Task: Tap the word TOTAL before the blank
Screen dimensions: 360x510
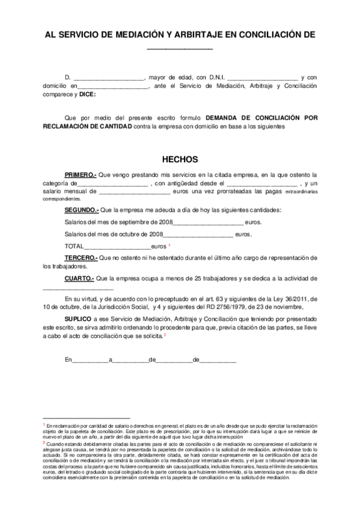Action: pyautogui.click(x=73, y=247)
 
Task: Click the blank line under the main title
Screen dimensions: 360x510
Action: pyautogui.click(x=180, y=48)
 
